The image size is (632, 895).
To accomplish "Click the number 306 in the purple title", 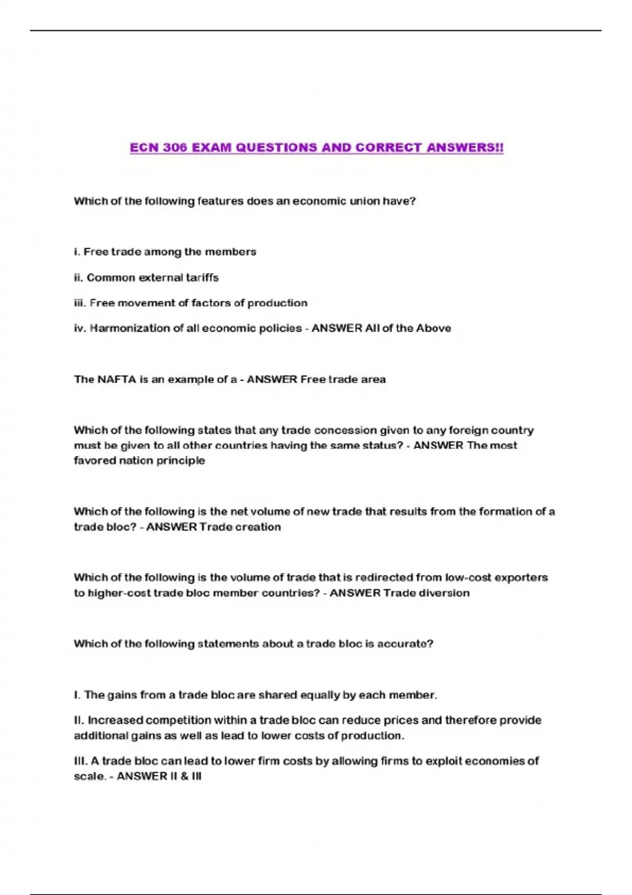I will click(175, 147).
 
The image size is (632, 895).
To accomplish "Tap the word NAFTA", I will click(117, 379).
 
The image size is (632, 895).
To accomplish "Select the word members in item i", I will click(230, 252).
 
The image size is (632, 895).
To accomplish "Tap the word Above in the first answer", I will click(433, 328).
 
